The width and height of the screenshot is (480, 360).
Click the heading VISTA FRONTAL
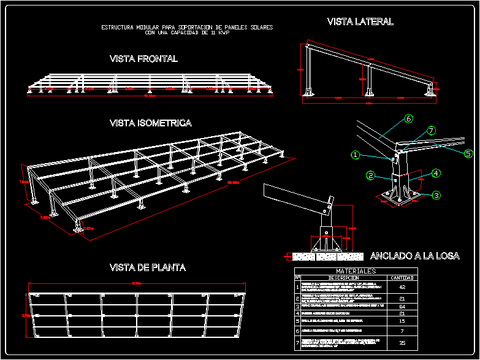click(x=143, y=59)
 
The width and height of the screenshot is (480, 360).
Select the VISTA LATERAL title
click(x=360, y=21)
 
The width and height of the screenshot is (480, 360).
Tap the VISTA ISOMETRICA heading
click(x=150, y=123)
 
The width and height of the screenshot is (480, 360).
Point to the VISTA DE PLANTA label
click(x=147, y=268)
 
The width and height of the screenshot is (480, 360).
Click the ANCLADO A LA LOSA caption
click(x=415, y=256)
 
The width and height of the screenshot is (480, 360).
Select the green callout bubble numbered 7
click(x=431, y=131)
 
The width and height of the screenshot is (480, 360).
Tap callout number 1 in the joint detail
click(x=356, y=155)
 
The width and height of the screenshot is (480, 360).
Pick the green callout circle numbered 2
click(x=371, y=175)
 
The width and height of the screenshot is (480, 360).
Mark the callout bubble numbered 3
click(x=436, y=195)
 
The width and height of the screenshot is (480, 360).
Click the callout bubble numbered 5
click(x=468, y=153)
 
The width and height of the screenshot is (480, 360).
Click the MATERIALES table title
click(x=356, y=270)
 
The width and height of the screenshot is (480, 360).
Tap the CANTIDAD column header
click(x=402, y=277)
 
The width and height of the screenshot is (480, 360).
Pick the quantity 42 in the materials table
click(x=402, y=286)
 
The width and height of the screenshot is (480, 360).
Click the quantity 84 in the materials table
click(x=402, y=305)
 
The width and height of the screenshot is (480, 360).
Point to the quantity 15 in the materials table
click(x=402, y=321)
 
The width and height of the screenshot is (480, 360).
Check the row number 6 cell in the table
click(x=298, y=331)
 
